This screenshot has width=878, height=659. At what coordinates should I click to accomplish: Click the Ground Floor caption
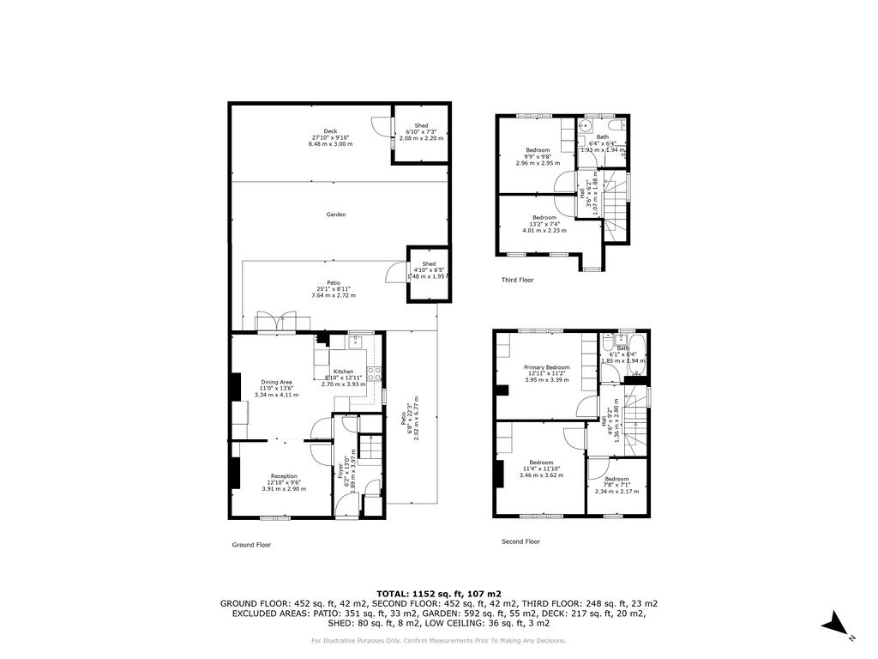point(251,544)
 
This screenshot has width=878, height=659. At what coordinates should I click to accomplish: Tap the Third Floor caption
point(517,280)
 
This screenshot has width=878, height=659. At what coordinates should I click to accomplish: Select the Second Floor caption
point(520,541)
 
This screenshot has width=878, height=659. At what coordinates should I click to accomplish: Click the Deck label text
point(330,131)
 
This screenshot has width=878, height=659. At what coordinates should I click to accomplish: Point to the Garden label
point(335,215)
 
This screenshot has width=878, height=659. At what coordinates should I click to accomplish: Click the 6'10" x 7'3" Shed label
point(421,126)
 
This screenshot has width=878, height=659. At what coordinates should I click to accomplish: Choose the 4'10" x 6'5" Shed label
point(429,264)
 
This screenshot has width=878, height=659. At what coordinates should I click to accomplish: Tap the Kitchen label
point(343,372)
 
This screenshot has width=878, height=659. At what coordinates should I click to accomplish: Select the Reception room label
point(284,476)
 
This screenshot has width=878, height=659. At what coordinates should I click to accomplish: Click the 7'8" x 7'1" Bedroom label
point(616,480)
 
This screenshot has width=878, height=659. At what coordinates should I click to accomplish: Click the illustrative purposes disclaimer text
point(439,640)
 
